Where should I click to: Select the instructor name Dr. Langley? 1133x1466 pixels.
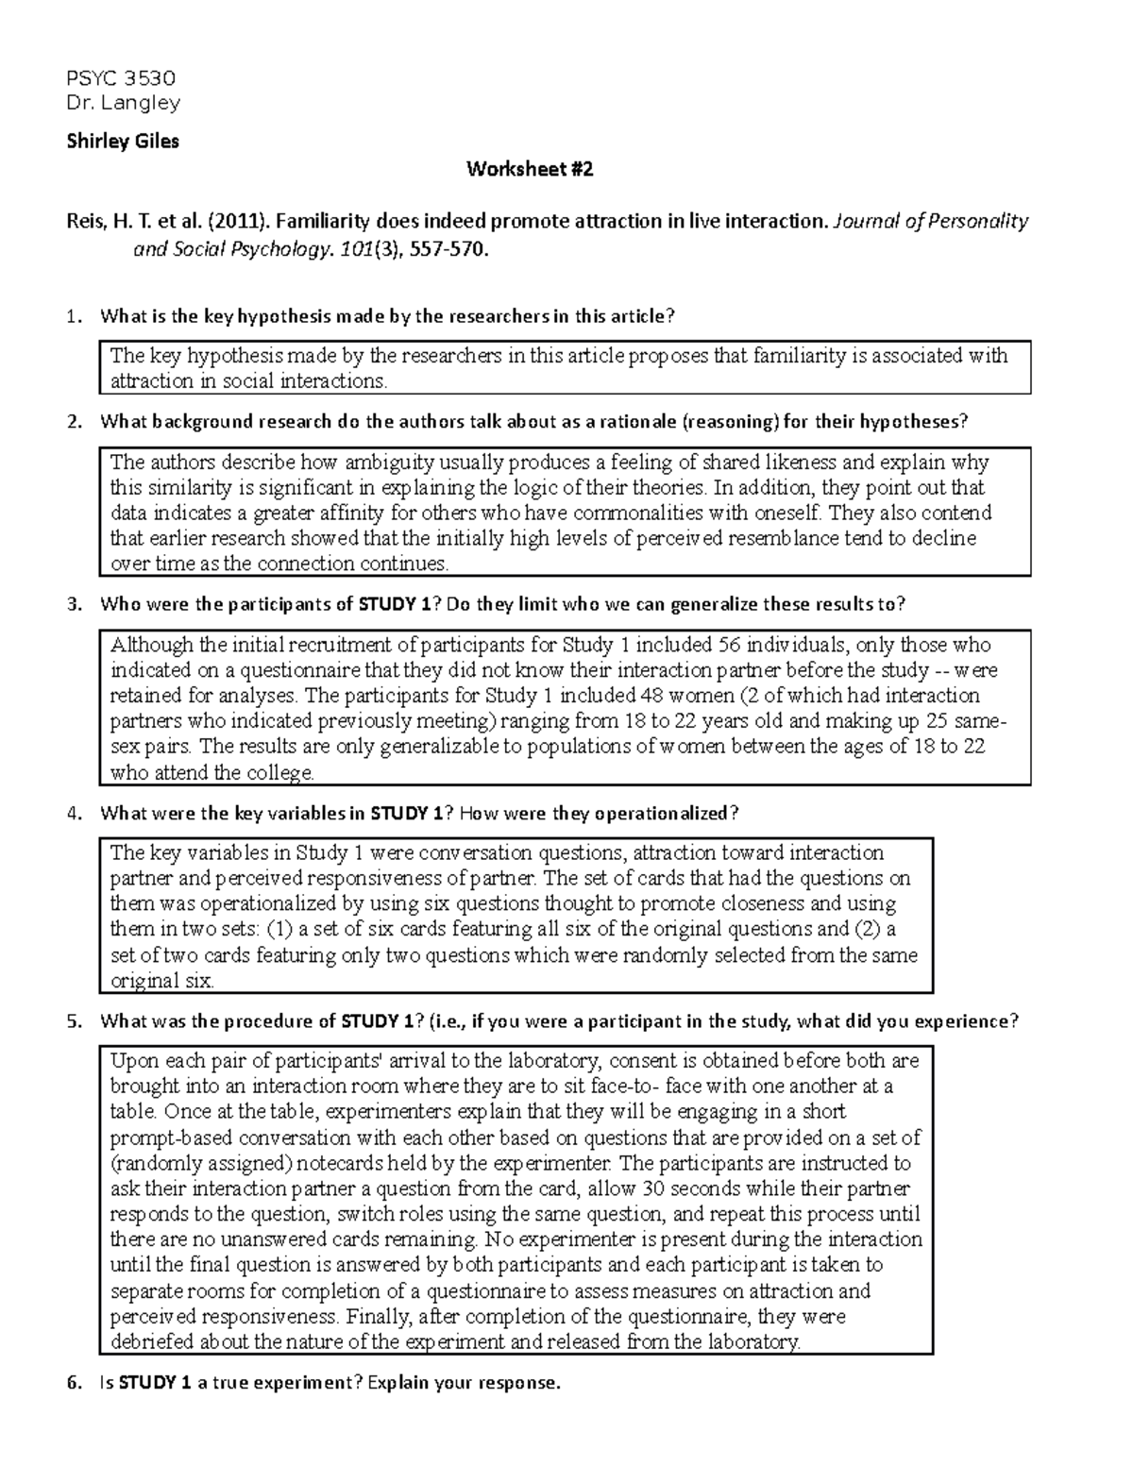pos(123,102)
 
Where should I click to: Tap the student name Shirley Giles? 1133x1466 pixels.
pos(122,142)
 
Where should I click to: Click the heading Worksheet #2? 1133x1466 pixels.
pos(530,170)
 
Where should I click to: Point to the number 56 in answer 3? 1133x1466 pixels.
pos(729,646)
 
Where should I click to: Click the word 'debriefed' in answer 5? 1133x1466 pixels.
pos(147,1341)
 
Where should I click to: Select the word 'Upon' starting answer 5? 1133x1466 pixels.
pos(130,1060)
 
